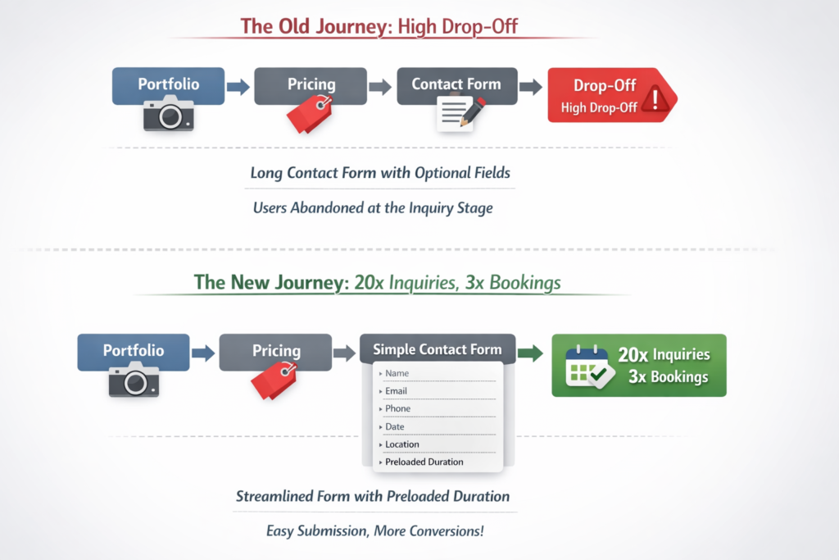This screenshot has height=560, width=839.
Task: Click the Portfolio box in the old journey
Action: (168, 84)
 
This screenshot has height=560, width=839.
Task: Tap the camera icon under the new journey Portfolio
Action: (134, 380)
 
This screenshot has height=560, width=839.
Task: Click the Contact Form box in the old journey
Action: (456, 84)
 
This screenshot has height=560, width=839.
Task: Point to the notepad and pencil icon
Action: (460, 113)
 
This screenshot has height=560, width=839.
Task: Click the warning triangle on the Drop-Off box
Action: (655, 99)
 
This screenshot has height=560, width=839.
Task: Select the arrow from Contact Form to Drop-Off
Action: (530, 87)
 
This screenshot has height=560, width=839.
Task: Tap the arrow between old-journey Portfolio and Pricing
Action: (238, 87)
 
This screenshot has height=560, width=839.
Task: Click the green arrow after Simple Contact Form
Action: (531, 353)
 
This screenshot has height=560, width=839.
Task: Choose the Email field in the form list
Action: (396, 391)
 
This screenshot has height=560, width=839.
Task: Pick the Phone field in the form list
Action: (397, 408)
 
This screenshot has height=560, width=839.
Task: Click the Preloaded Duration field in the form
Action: (424, 462)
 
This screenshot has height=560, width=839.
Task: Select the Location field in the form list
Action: (401, 444)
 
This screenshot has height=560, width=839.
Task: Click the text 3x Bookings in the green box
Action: (668, 377)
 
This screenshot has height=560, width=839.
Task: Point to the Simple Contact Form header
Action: (437, 349)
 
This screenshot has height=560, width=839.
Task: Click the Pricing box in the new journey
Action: (275, 351)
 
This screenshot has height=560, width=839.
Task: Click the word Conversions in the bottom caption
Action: (442, 530)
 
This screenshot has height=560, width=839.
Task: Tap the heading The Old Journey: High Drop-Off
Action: (379, 26)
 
